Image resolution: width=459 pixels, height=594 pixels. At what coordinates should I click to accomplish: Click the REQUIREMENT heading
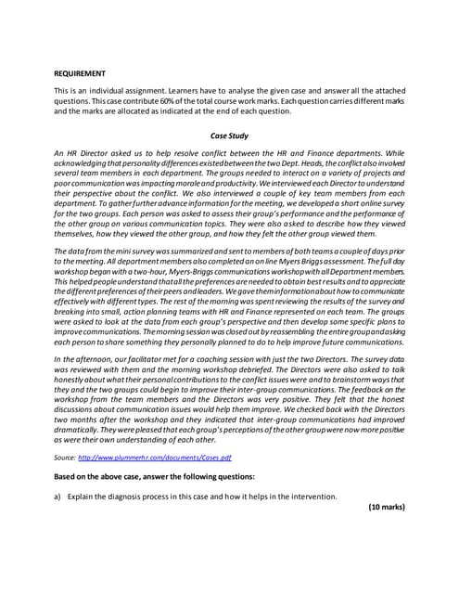pos(80,73)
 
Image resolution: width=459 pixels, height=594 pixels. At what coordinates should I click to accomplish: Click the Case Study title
pos(229,136)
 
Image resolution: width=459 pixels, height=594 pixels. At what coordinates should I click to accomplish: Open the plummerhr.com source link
pos(155,458)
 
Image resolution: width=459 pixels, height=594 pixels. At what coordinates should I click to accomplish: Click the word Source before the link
pos(65,458)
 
